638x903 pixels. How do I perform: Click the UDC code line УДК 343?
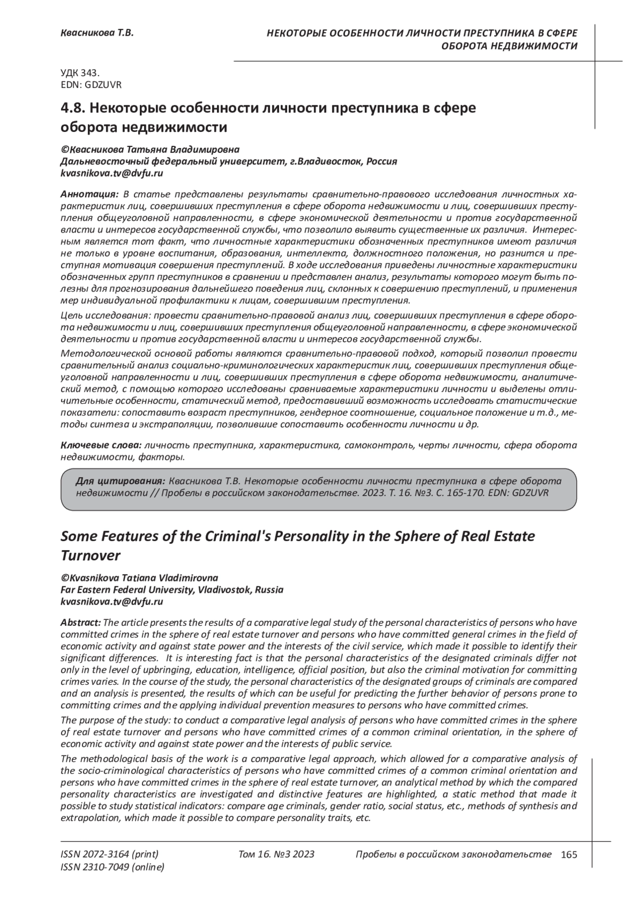pos(80,74)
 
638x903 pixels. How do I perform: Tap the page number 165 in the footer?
pos(568,855)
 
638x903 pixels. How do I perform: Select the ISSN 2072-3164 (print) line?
pos(110,854)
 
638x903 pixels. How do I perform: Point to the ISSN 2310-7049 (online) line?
pos(113,867)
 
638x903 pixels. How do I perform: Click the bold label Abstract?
pos(80,623)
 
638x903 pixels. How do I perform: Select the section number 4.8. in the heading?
pos(72,108)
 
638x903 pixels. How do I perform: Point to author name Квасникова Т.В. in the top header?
pos(96,33)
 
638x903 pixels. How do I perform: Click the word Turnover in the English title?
pos(91,555)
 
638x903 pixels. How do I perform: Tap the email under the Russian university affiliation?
pos(112,173)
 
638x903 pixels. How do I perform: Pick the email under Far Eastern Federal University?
pos(112,601)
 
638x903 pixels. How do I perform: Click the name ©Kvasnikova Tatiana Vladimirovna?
pos(139,578)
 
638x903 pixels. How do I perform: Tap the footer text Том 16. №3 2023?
pos(276,854)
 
